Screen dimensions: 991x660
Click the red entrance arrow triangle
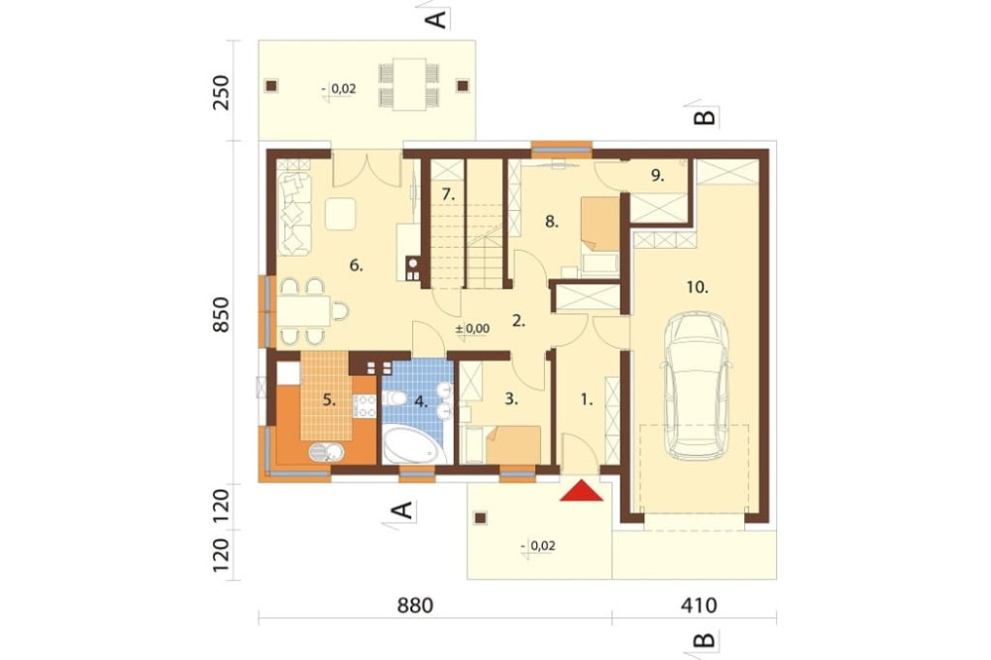click(582, 491)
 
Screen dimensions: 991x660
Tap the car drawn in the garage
click(696, 385)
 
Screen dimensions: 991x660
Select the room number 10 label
click(697, 287)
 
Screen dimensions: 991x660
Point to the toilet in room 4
click(395, 398)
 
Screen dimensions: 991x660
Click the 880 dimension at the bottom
click(415, 605)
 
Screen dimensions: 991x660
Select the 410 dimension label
click(699, 605)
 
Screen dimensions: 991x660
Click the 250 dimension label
click(221, 92)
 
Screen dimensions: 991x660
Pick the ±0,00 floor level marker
click(473, 328)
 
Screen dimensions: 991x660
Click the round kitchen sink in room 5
click(326, 452)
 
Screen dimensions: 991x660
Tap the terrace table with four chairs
click(409, 84)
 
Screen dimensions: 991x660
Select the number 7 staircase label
click(448, 194)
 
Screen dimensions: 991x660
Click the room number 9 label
click(657, 176)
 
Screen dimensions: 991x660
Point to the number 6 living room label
click(356, 266)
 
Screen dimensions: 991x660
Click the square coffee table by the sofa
click(341, 214)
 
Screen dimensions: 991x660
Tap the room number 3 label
click(511, 399)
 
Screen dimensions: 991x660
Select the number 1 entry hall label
click(586, 399)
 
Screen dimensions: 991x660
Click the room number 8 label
click(552, 222)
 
